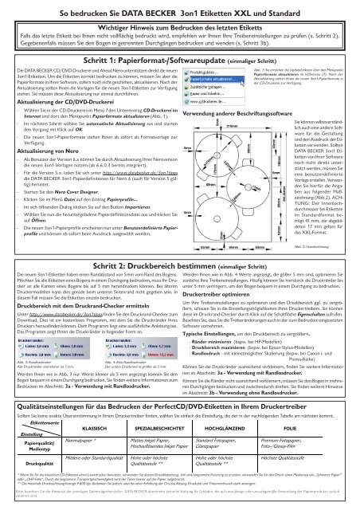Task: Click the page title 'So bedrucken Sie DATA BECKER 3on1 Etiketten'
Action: coord(179,14)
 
